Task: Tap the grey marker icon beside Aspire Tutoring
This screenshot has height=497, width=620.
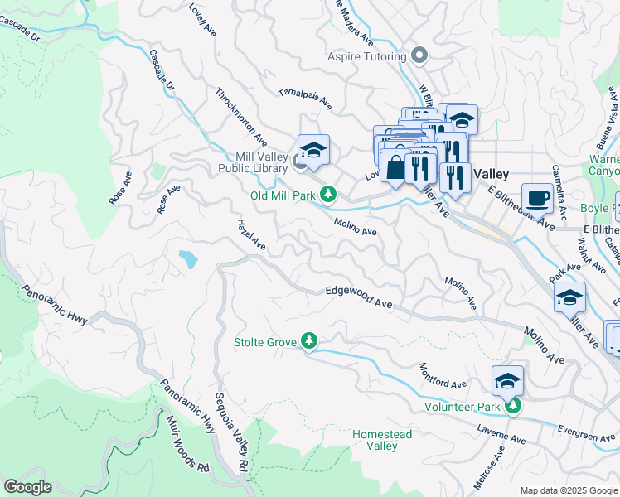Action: pos(419,56)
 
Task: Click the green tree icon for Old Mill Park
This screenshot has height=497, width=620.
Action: pos(329,194)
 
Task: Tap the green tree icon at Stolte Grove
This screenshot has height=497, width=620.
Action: pos(309,340)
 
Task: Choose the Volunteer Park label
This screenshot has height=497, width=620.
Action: pos(463,406)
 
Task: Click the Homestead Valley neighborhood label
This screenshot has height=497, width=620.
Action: pos(375,440)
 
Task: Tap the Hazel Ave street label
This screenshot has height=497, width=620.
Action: pos(250,234)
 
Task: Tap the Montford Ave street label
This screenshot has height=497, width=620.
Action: pos(443,377)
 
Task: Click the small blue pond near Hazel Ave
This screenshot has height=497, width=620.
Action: pos(188,259)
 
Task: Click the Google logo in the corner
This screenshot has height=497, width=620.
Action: pos(27,486)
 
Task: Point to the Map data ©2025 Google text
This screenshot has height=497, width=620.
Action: pos(567,490)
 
